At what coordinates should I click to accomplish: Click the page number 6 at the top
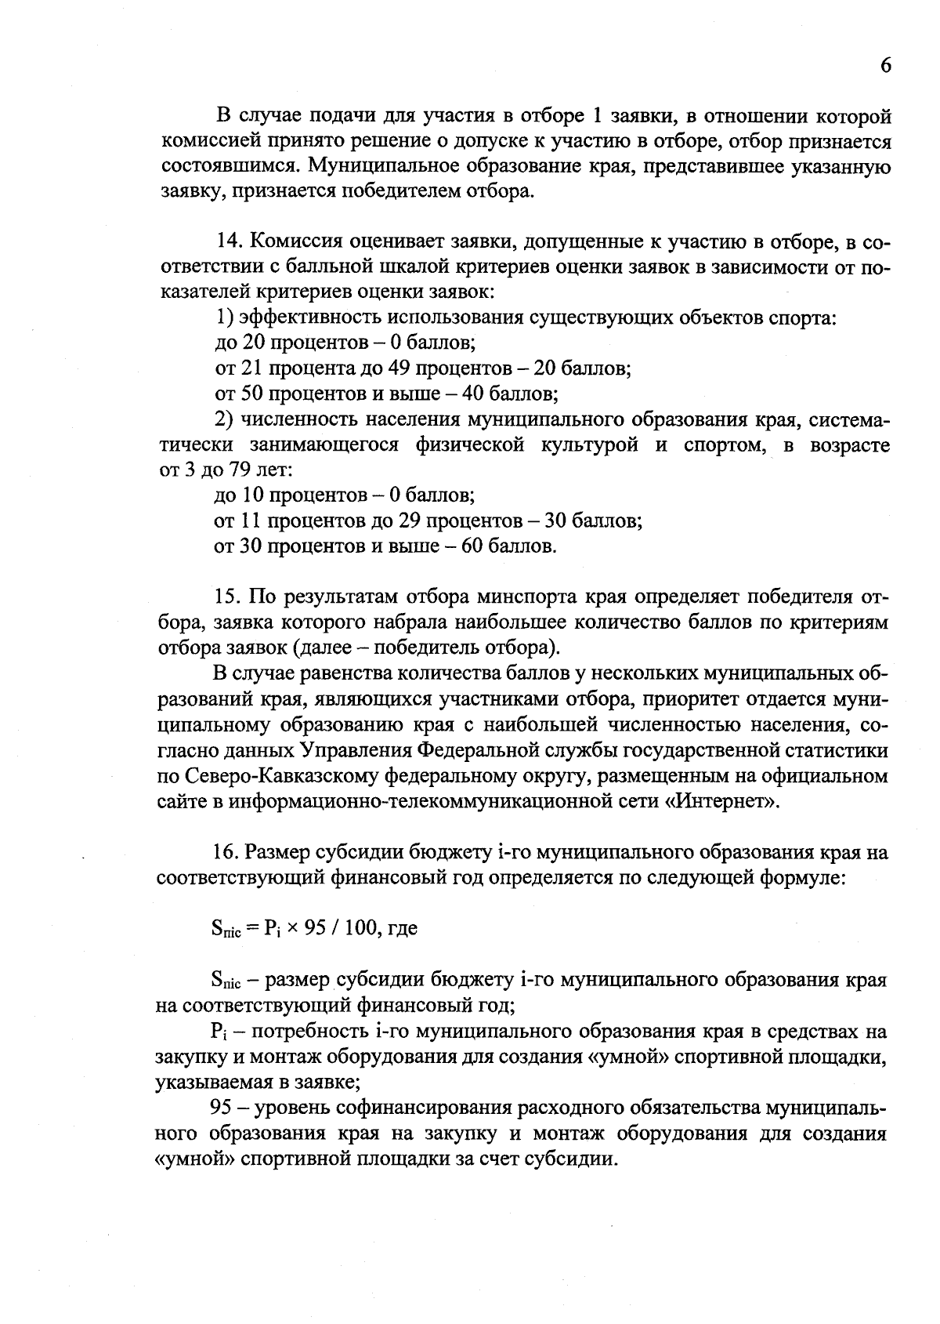pyautogui.click(x=885, y=66)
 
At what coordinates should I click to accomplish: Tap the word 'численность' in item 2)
pyautogui.click(x=294, y=419)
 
